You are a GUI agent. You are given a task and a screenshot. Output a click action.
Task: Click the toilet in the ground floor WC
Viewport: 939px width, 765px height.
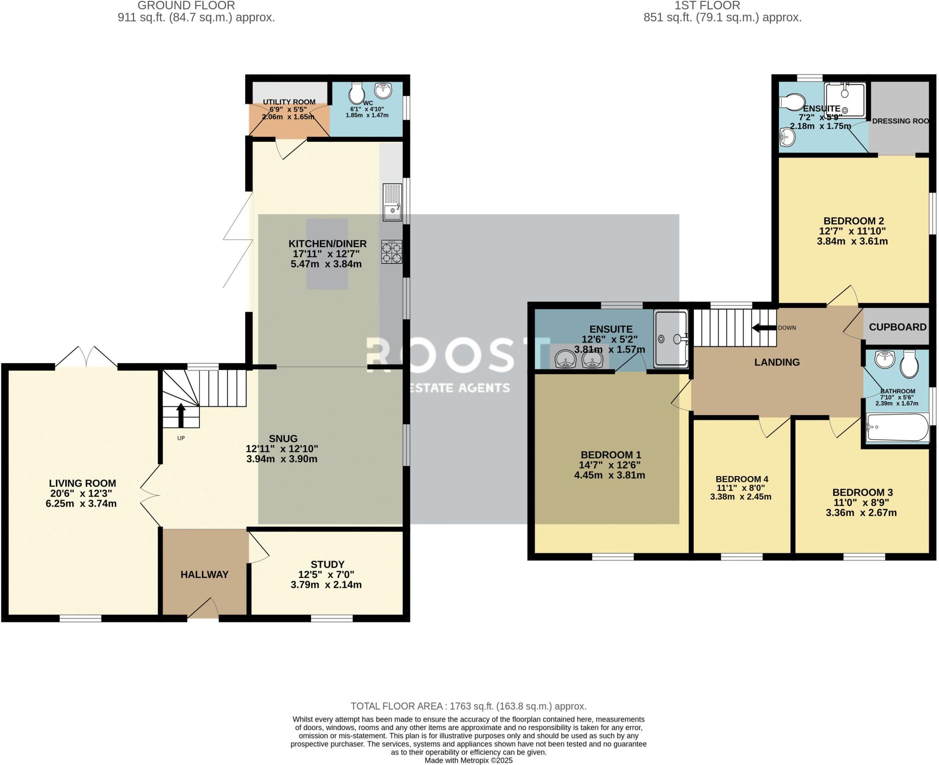tap(356, 94)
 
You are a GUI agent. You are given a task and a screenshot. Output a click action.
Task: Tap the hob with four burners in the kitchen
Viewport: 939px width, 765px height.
tap(392, 252)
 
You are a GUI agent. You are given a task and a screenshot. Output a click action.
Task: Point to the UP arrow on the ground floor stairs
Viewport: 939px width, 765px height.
tap(181, 415)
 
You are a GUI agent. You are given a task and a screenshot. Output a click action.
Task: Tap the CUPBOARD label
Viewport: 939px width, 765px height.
tap(897, 327)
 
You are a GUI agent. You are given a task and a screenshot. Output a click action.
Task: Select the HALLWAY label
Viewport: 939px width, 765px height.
tap(204, 574)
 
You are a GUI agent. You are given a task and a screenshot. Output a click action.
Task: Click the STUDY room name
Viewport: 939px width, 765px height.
tap(327, 564)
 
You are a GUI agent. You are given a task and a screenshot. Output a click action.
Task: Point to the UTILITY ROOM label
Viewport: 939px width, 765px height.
tap(289, 102)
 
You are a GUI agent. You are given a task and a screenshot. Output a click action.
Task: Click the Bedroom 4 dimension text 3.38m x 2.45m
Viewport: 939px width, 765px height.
tap(740, 497)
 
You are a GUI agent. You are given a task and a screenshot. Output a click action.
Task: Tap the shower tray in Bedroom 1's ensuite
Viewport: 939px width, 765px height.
tap(671, 339)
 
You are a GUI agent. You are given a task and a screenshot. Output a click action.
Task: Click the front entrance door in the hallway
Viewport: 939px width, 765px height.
tap(203, 610)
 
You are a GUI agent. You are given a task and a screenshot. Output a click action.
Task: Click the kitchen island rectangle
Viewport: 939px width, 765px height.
tap(326, 254)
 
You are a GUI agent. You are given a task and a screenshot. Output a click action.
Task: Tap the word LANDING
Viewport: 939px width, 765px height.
tap(777, 362)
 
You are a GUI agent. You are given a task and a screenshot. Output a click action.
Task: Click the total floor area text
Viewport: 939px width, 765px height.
tap(468, 706)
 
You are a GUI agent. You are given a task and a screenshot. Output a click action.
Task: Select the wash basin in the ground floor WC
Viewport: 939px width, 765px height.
tap(382, 90)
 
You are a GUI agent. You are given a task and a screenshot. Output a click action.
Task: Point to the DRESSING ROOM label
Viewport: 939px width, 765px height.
tap(900, 121)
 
